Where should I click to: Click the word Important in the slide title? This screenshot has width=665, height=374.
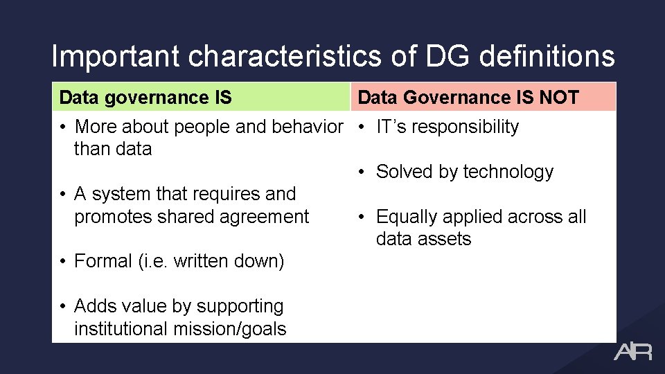tap(115, 56)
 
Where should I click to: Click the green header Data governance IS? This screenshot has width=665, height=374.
tap(145, 98)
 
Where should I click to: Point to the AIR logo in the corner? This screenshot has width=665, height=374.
tap(632, 352)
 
